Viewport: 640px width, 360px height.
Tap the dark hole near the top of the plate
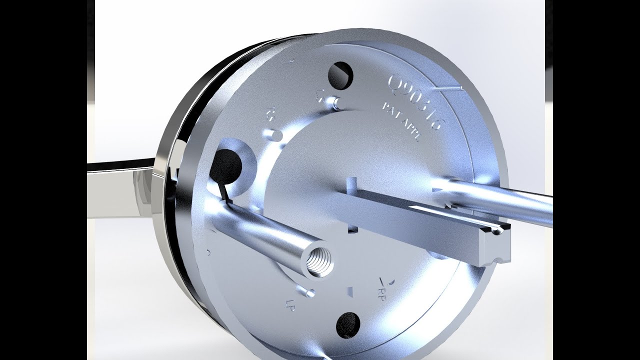[340, 74]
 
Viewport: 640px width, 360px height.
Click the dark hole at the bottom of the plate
[348, 324]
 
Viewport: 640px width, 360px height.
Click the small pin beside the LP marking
[307, 290]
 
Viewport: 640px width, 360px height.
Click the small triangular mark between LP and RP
[350, 291]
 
